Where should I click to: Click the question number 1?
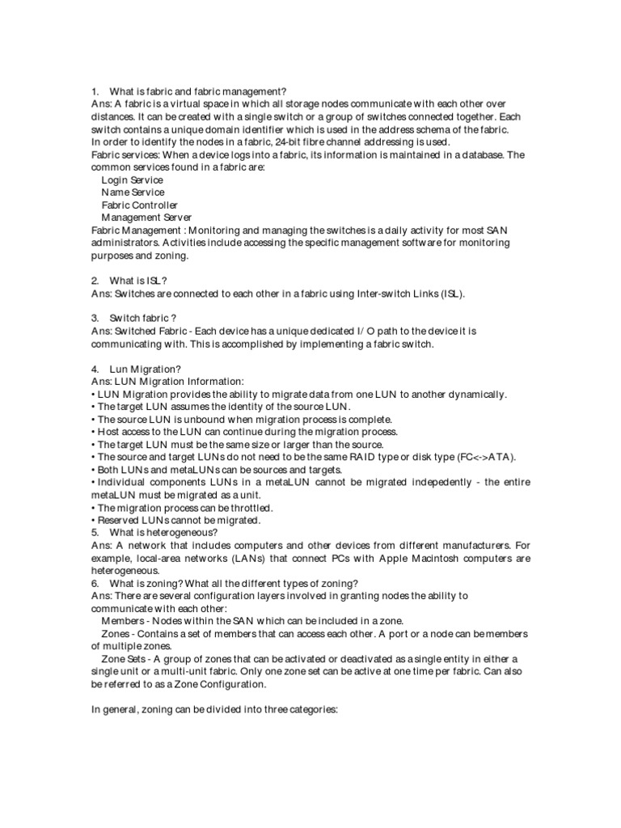[95, 91]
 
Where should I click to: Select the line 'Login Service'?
[132, 180]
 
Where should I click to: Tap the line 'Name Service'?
[133, 192]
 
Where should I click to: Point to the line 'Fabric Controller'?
[139, 205]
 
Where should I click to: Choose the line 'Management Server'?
[146, 218]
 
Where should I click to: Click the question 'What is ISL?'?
[138, 281]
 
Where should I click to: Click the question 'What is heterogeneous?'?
[163, 532]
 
